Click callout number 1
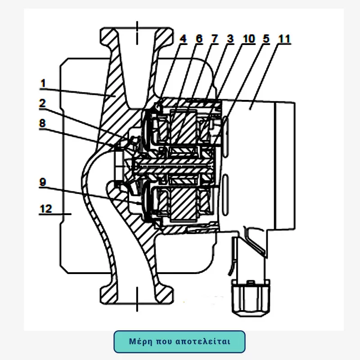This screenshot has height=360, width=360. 43,83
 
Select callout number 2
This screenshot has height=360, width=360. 42,103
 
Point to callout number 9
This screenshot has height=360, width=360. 43,182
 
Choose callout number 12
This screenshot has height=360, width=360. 45,209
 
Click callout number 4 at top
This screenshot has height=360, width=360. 183,39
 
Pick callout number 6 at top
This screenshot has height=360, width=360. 199,39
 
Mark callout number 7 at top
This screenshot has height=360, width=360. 215,39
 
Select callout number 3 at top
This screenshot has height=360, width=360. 230,39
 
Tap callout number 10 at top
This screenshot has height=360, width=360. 248,39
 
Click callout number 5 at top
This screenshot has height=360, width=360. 266,39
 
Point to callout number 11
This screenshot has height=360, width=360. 283,39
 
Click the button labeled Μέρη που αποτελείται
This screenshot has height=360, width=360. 180,342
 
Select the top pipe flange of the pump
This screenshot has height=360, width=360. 136,34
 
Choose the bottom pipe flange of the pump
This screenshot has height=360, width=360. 136,295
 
